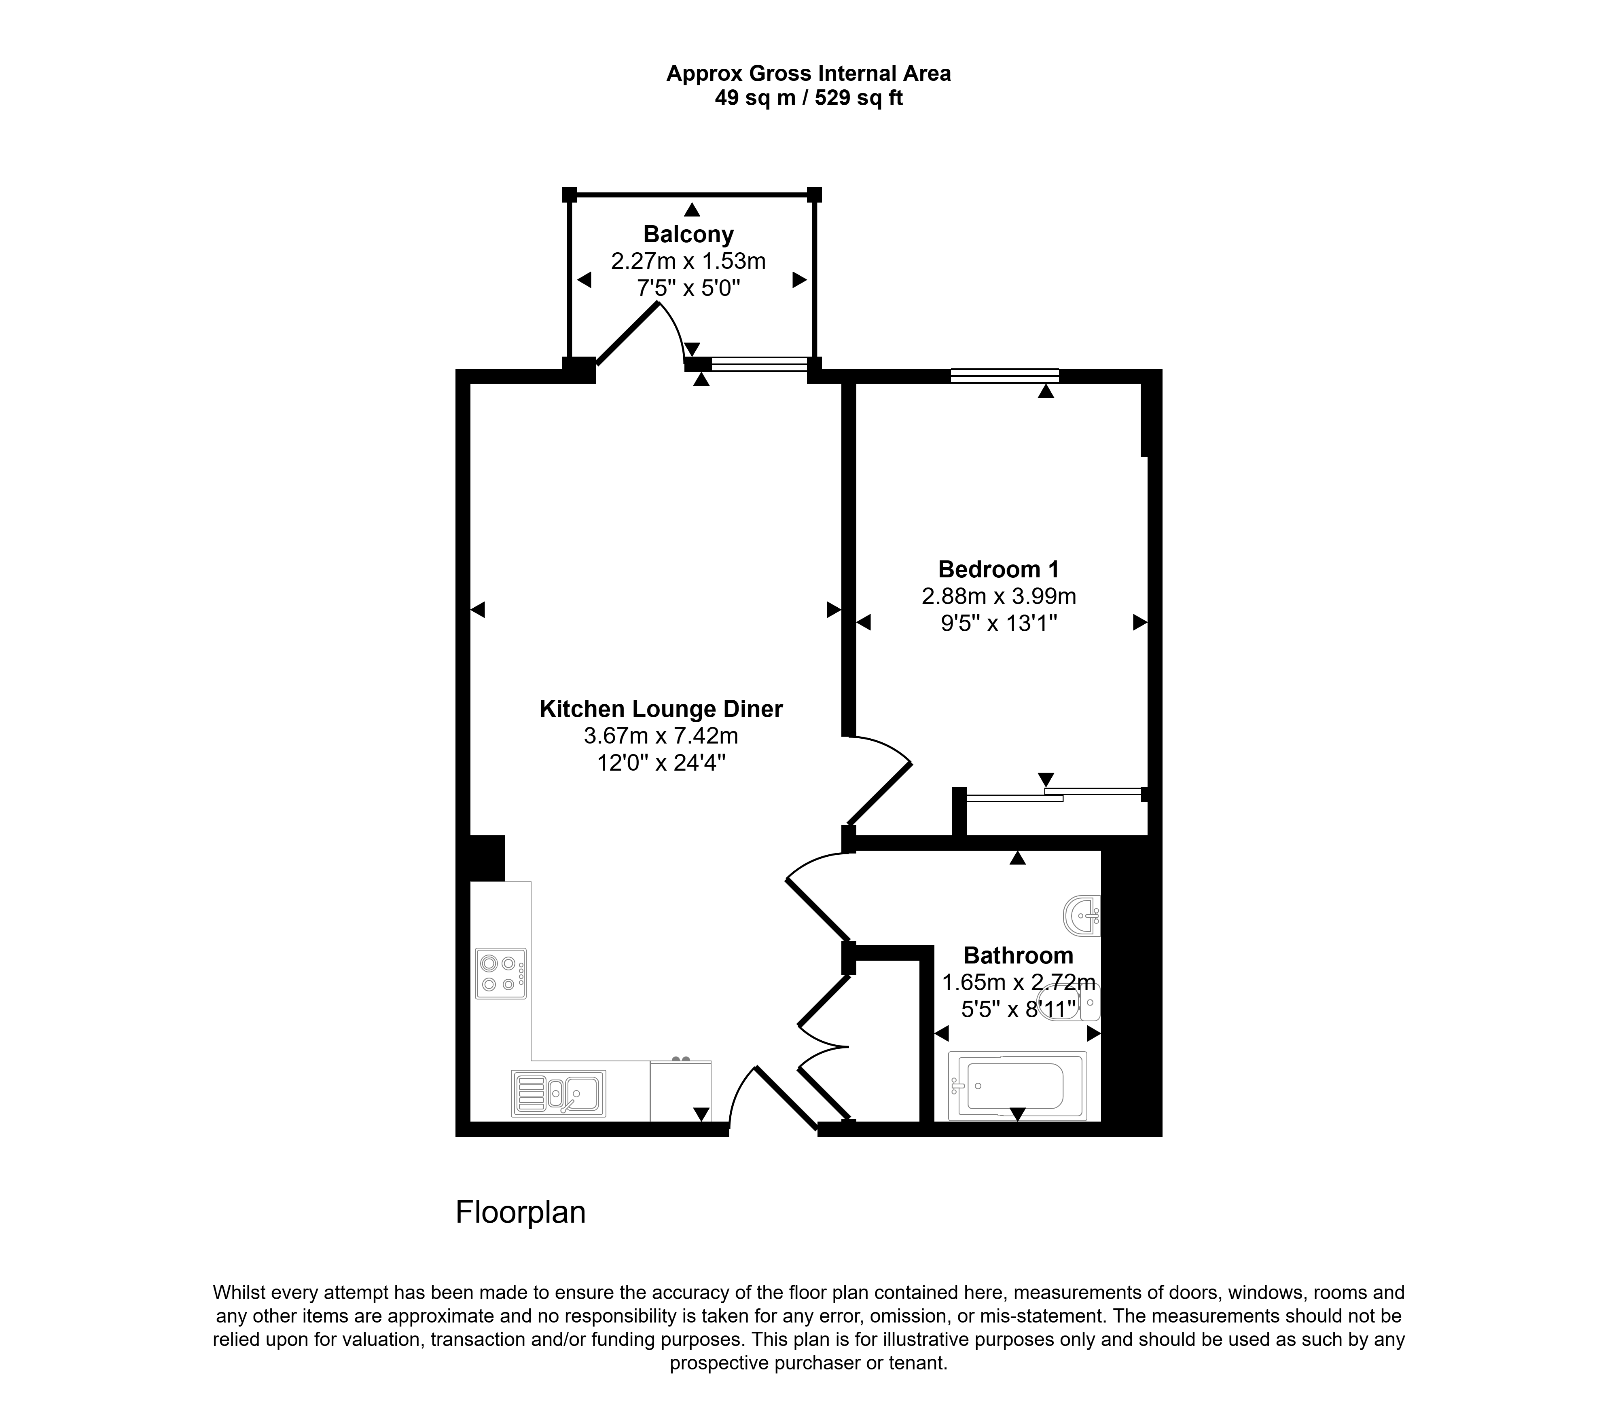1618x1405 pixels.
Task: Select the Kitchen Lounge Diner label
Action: (661, 709)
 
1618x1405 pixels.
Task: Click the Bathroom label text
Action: (1018, 956)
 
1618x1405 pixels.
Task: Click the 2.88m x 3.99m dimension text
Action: (998, 597)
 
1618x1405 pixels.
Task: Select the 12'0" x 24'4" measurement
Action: (661, 763)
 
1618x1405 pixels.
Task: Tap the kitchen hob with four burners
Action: (500, 974)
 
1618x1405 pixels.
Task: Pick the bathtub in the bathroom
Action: (1017, 1086)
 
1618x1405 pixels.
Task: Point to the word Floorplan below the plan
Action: (521, 1212)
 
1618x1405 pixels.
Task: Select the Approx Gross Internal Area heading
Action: (809, 74)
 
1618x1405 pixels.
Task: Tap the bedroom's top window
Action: (1005, 376)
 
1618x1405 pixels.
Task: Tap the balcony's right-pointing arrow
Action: (799, 280)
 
